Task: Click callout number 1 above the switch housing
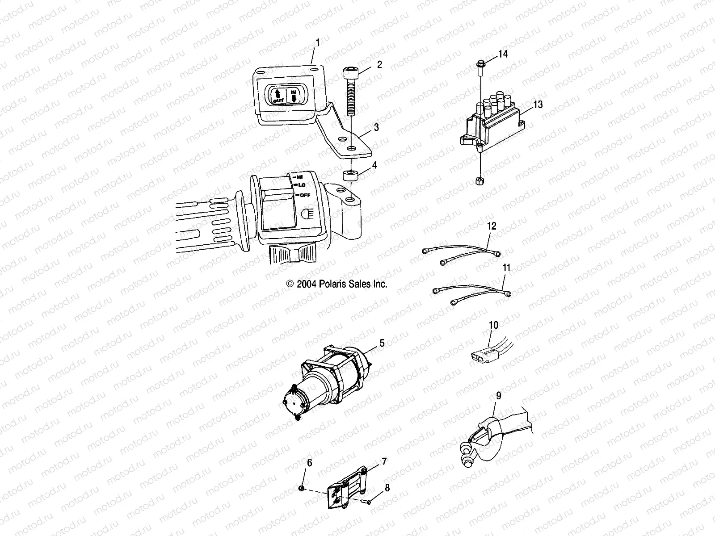pos(318,43)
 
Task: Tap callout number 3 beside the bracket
pos(376,127)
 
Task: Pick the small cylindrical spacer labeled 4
pos(351,175)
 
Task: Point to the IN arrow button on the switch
pos(294,95)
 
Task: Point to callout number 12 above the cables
pos(491,226)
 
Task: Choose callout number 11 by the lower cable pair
pos(506,268)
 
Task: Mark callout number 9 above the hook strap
pos(498,396)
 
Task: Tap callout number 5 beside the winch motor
pos(382,343)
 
